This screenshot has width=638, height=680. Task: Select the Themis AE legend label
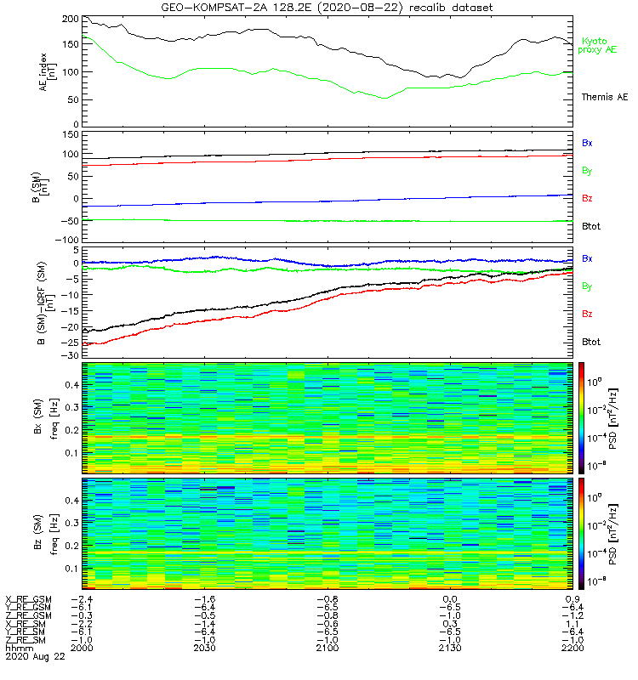click(604, 98)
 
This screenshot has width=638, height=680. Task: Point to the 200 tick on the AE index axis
click(71, 20)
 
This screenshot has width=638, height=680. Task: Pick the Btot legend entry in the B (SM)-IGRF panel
click(592, 342)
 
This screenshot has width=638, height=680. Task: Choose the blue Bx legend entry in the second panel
click(587, 143)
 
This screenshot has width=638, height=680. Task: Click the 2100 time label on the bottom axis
click(327, 648)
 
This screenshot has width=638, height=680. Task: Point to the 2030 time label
click(204, 648)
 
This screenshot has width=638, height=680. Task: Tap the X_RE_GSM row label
click(29, 599)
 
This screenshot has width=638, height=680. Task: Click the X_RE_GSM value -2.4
click(83, 599)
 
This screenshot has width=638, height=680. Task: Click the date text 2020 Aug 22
click(34, 656)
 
